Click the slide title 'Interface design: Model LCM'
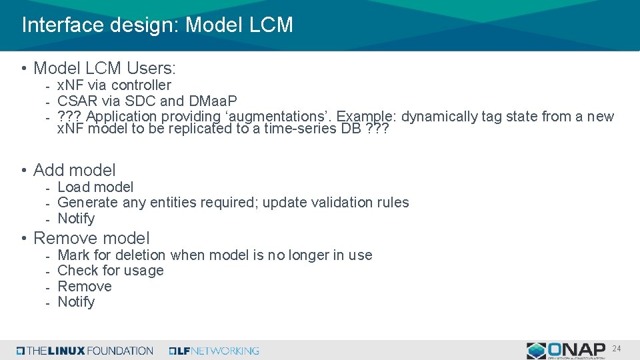(157, 25)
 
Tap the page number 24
(617, 348)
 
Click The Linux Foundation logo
(85, 351)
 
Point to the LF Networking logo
(214, 351)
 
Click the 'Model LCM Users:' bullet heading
(105, 68)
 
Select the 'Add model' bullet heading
(74, 170)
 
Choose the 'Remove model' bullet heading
(91, 238)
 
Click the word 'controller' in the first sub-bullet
(141, 85)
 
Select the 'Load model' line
(95, 187)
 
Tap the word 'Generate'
(88, 203)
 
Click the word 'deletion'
(140, 255)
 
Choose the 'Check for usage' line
(111, 271)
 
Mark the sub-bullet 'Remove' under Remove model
(85, 287)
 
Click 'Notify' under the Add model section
(76, 219)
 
